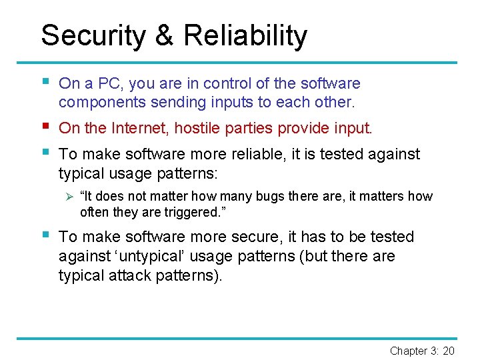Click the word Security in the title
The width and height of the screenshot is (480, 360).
92,35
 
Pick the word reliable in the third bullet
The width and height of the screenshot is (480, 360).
251,154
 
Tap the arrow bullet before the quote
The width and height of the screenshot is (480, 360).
65,197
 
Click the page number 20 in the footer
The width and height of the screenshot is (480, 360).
448,351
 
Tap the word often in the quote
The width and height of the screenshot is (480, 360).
93,212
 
